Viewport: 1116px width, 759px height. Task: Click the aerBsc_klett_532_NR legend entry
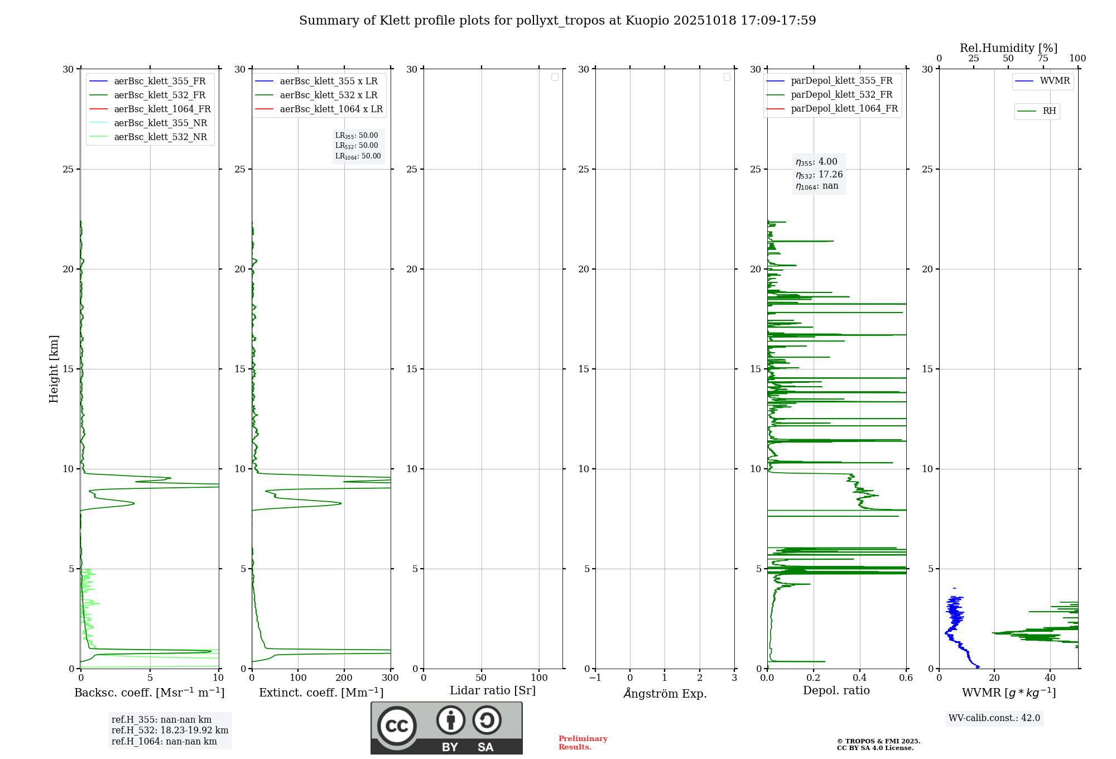pos(160,137)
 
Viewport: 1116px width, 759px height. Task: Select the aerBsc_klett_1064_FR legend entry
pos(162,109)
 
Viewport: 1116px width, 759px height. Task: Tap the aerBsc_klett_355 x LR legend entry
pos(329,81)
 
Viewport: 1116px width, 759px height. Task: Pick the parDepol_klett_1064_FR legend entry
pos(844,109)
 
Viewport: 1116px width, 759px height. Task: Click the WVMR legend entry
pos(1055,81)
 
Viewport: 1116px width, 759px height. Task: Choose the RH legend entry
pos(1049,111)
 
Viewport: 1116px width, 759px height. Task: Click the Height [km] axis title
pos(54,369)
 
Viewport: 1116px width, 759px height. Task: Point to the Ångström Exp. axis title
pos(665,694)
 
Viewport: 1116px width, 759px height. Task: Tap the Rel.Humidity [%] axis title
pos(1008,48)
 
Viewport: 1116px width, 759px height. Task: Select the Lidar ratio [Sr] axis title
pos(493,691)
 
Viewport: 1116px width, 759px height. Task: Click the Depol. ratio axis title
pos(836,691)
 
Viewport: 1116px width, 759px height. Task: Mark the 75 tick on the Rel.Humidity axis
pos(1043,59)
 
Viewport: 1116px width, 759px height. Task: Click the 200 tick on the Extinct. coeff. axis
pos(344,678)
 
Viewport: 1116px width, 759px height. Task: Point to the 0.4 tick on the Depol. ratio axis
pos(860,678)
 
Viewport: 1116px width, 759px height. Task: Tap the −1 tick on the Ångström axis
pos(595,678)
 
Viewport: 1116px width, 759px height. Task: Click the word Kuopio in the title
pos(647,21)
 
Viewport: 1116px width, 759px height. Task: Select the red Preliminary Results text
pos(583,743)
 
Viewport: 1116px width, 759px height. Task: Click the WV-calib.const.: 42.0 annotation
pos(994,718)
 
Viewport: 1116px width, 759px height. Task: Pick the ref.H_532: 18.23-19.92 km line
pos(170,731)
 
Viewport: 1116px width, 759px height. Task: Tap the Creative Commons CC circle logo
pos(397,726)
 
